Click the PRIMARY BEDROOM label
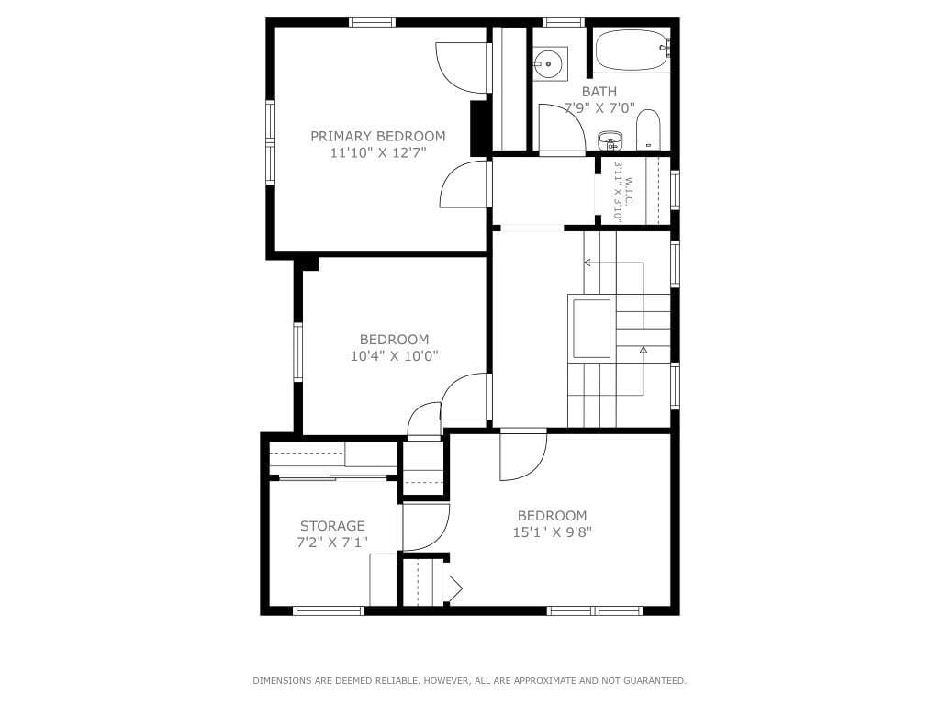pyautogui.click(x=377, y=136)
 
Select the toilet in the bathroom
pyautogui.click(x=648, y=130)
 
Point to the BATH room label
pyautogui.click(x=599, y=92)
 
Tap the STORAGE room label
pyautogui.click(x=332, y=526)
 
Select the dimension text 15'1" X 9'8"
pyautogui.click(x=551, y=532)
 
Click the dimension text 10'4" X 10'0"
pyautogui.click(x=394, y=356)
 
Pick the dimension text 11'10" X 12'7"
pyautogui.click(x=377, y=153)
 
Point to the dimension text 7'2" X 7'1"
pyautogui.click(x=332, y=543)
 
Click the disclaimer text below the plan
pyautogui.click(x=469, y=680)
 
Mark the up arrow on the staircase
pyautogui.click(x=643, y=350)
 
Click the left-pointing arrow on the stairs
pyautogui.click(x=587, y=263)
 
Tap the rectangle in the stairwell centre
pyautogui.click(x=591, y=328)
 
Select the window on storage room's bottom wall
pyautogui.click(x=328, y=610)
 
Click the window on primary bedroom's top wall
pyautogui.click(x=373, y=22)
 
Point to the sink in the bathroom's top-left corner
pyautogui.click(x=550, y=63)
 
